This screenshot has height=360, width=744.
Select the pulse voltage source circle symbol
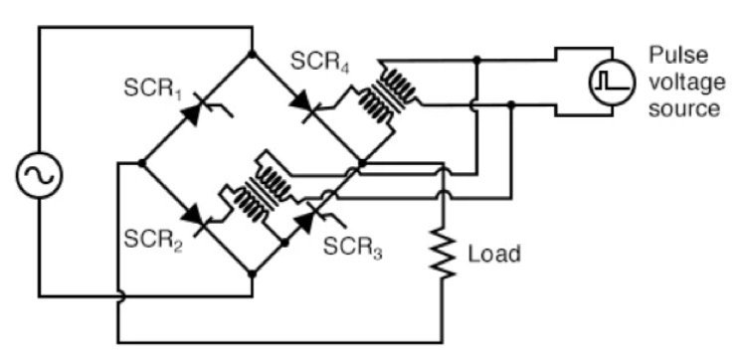click(x=607, y=84)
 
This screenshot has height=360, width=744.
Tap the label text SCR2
click(x=150, y=238)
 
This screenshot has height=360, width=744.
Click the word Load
click(x=493, y=254)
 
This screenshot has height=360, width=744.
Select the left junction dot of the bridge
click(x=142, y=166)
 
